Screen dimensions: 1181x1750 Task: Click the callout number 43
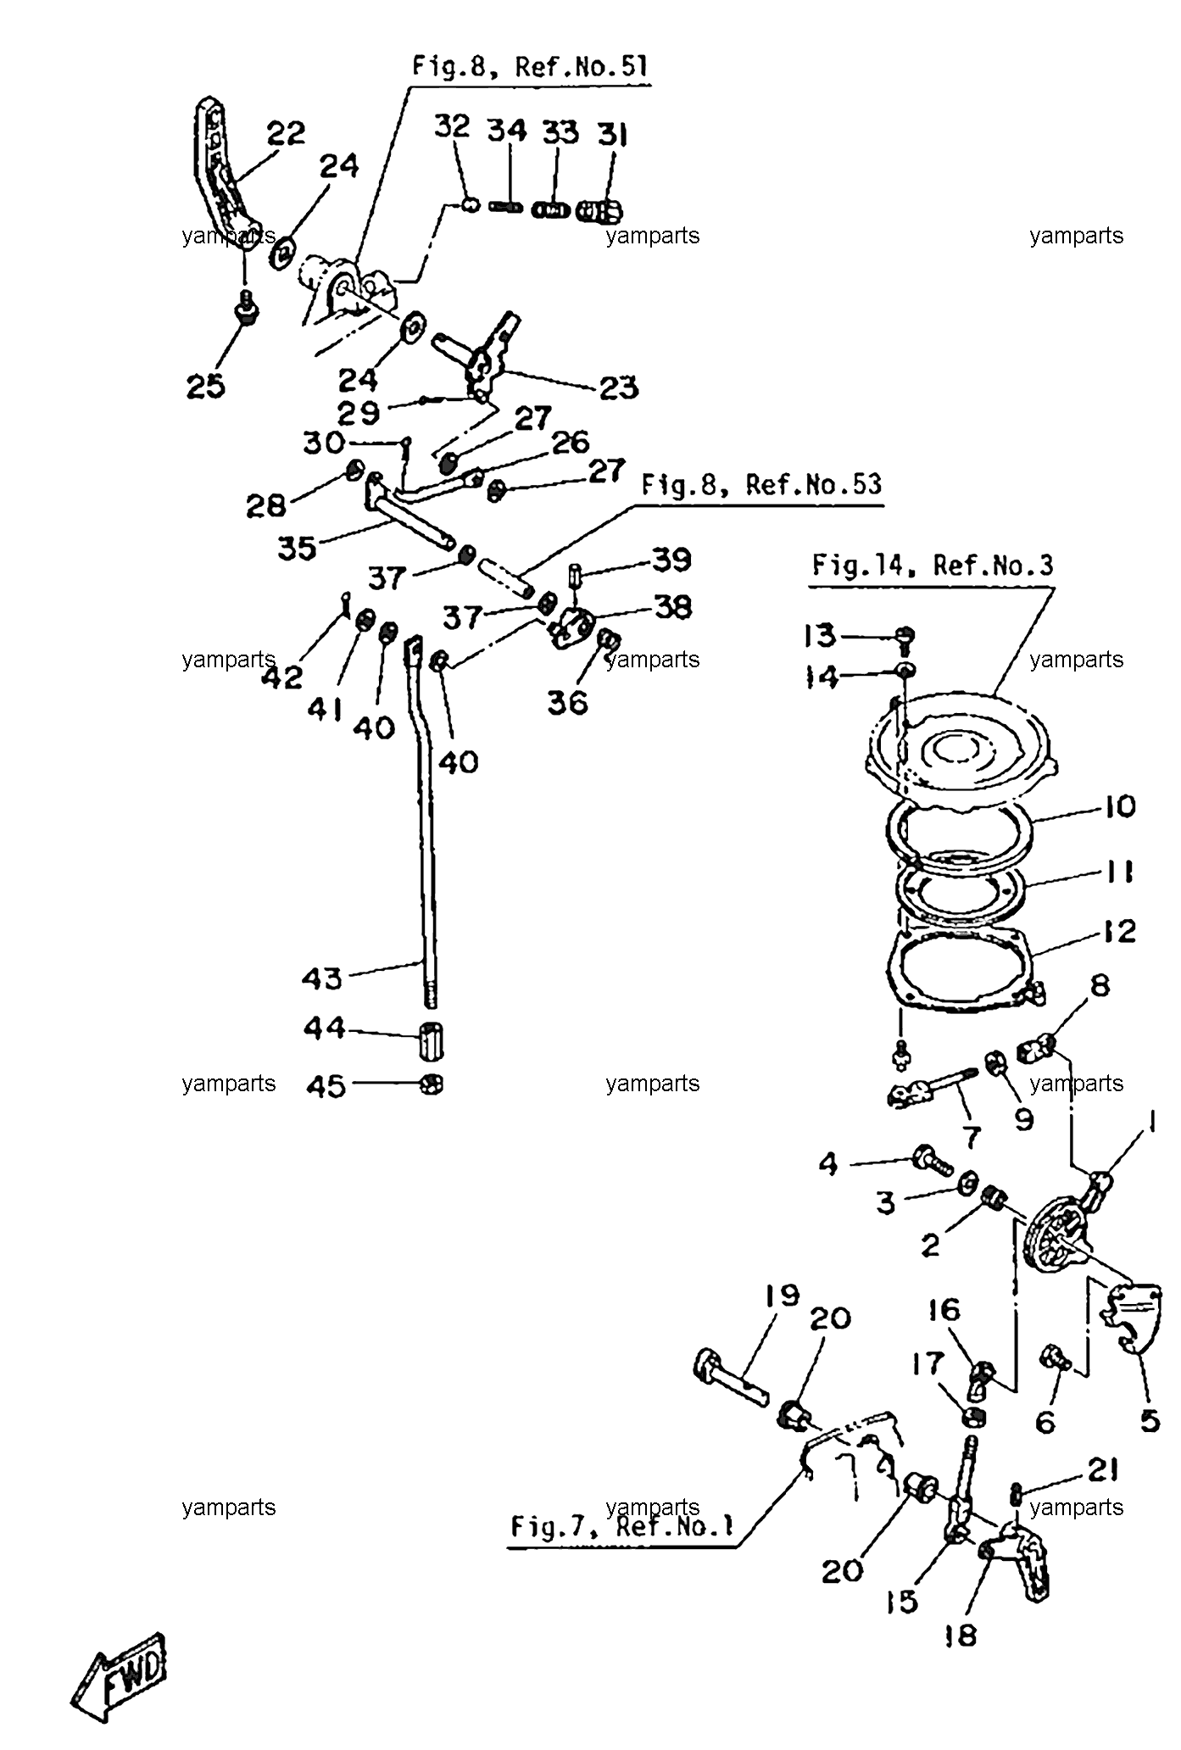point(322,978)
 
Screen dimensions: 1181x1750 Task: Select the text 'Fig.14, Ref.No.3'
point(932,566)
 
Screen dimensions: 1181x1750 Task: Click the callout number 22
point(286,133)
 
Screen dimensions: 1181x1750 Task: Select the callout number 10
point(1120,806)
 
